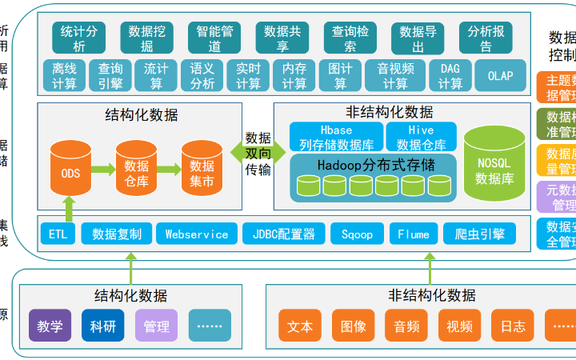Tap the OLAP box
[500, 76]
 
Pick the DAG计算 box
[450, 76]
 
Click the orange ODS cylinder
[70, 171]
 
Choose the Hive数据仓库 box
[421, 137]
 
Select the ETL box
[58, 234]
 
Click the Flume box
[414, 234]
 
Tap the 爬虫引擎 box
[479, 234]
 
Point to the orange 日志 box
[513, 326]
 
